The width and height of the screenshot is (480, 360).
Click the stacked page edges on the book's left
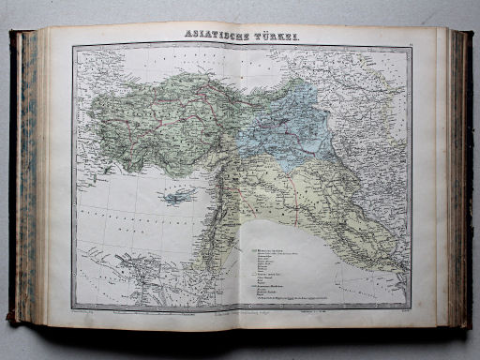coord(29,178)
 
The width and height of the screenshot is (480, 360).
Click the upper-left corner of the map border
coord(75,47)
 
